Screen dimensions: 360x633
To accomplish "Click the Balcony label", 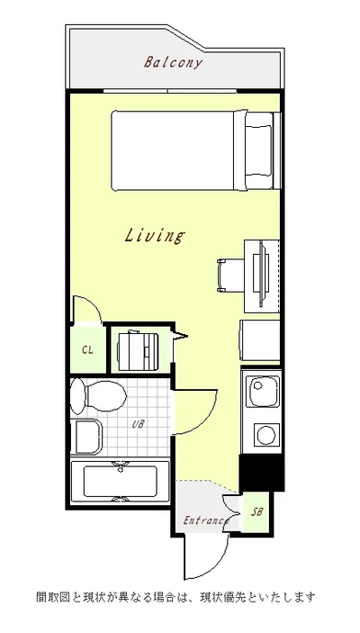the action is coord(173,63).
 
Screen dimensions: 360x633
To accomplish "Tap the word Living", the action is coord(155,236).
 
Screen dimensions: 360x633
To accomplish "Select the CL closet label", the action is coord(87,349).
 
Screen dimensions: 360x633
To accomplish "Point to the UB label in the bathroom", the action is coord(138,424).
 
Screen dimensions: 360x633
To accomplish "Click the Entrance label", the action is coord(206,520).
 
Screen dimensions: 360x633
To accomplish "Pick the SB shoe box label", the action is coord(256,511).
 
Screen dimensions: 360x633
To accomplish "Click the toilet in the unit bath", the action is coord(98,396).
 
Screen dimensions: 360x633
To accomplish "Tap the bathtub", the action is coord(121,483).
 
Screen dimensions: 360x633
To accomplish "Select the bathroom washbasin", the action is coord(86,437).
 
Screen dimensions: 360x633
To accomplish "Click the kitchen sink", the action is coord(264,392).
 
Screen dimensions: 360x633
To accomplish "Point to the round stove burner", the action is coord(266,435).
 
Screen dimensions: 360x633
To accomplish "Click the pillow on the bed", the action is coord(258,150).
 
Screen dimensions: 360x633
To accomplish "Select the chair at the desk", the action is coord(230,276).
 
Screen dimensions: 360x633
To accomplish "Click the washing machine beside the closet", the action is coord(138,350).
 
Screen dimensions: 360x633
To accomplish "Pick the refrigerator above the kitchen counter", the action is coord(260,340).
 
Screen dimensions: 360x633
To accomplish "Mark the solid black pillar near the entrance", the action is coord(262,473).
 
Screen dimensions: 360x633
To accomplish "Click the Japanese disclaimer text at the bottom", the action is coord(176,597).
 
